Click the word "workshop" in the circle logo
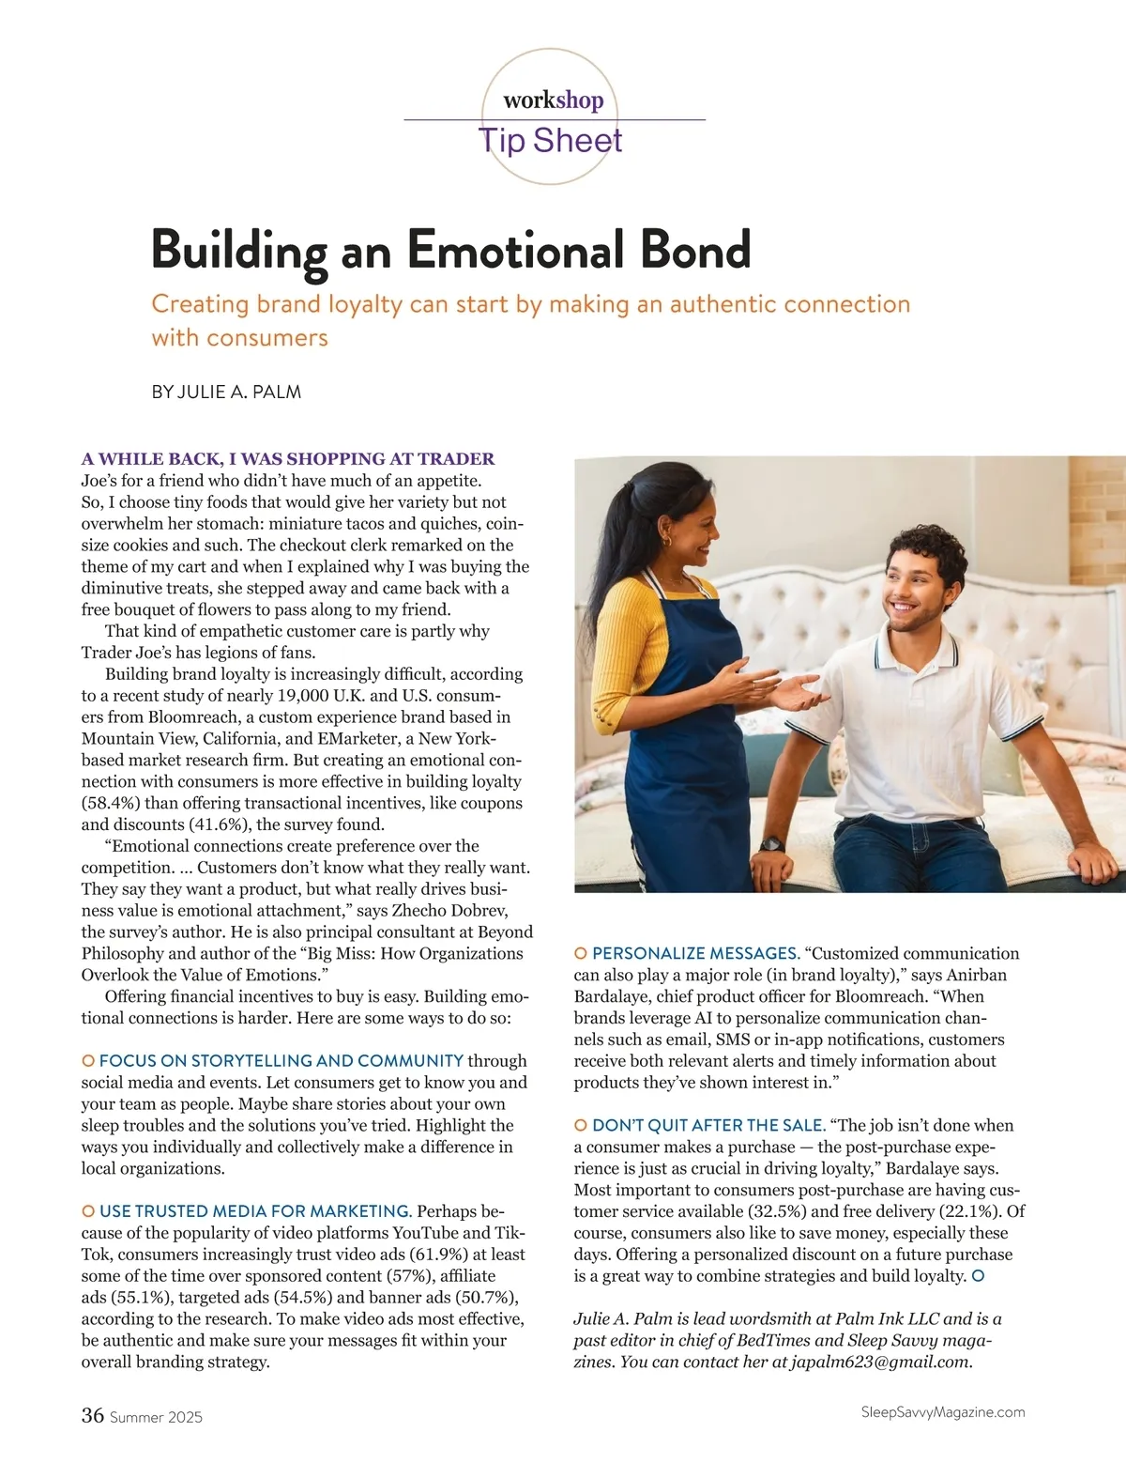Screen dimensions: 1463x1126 553,100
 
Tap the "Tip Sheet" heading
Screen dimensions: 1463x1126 551,141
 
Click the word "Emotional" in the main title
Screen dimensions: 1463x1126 515,250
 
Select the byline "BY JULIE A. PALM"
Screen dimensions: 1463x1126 226,393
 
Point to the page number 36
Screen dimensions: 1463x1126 92,1415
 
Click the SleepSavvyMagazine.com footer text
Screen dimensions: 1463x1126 942,1412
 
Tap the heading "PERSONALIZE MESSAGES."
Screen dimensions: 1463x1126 695,953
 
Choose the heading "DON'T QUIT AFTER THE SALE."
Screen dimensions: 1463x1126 708,1125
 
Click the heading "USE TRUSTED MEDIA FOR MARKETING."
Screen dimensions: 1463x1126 255,1211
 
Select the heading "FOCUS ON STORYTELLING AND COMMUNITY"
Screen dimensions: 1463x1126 281,1061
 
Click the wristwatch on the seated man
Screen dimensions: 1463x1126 772,843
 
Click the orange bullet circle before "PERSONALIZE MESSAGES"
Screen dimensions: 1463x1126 580,954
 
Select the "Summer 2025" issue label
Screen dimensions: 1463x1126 156,1417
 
